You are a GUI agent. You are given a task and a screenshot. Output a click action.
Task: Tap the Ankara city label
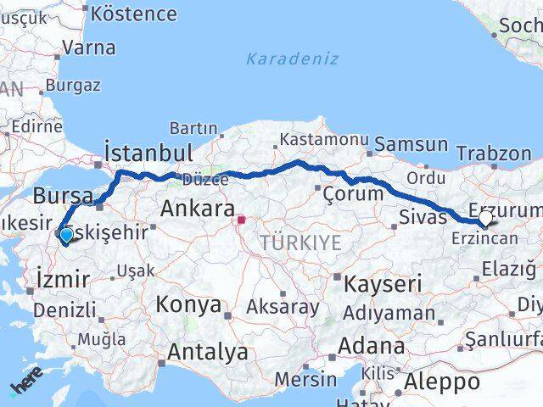[x=197, y=208]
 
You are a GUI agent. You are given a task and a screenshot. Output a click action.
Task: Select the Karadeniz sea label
[x=292, y=59]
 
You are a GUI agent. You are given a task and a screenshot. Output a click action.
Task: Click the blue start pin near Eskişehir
[x=66, y=234]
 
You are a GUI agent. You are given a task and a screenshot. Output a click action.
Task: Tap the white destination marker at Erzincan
[x=484, y=219]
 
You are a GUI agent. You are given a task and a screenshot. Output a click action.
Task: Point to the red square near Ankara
[x=241, y=220]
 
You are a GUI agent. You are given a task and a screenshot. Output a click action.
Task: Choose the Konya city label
[x=189, y=304]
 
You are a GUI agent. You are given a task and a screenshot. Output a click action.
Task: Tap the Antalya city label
[x=208, y=352]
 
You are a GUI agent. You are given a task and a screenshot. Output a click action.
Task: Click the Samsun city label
[x=411, y=144]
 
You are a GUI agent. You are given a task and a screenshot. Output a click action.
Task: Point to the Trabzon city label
[x=493, y=153]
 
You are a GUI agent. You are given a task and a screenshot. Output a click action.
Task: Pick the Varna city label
[x=88, y=47]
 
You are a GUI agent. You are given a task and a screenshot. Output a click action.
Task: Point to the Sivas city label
[x=422, y=218]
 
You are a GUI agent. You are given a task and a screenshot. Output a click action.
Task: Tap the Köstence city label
[x=133, y=14]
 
